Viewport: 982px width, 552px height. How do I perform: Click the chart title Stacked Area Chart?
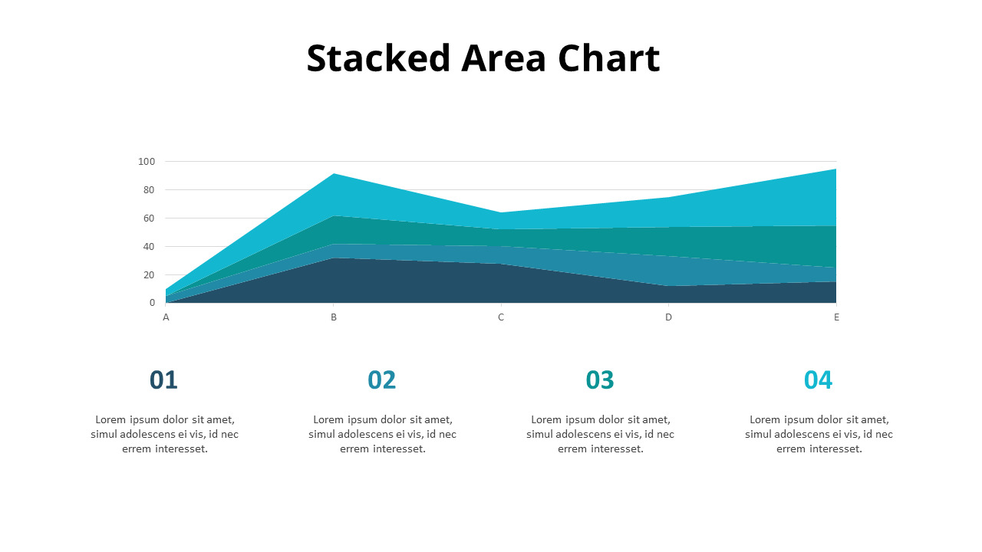483,58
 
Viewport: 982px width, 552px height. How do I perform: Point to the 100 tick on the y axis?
147,162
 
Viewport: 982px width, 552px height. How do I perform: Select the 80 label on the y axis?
149,190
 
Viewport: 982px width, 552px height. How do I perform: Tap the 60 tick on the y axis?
149,219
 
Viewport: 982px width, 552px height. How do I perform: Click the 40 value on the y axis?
149,247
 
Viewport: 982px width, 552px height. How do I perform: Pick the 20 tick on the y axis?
149,275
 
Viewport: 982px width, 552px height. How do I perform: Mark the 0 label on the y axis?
152,304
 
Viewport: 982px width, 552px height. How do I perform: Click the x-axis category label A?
166,317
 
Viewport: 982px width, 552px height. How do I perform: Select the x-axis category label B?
334,317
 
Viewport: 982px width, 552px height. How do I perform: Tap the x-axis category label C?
501,317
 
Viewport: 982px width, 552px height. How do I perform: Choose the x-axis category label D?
668,317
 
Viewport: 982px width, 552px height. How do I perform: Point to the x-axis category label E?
836,317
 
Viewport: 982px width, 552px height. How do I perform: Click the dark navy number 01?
163,380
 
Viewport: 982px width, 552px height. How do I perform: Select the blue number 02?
382,380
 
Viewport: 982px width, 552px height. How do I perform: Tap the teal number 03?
600,380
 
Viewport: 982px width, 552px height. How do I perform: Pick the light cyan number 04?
818,380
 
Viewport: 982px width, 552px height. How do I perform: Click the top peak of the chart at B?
334,175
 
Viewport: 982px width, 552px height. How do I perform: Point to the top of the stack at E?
835,170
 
